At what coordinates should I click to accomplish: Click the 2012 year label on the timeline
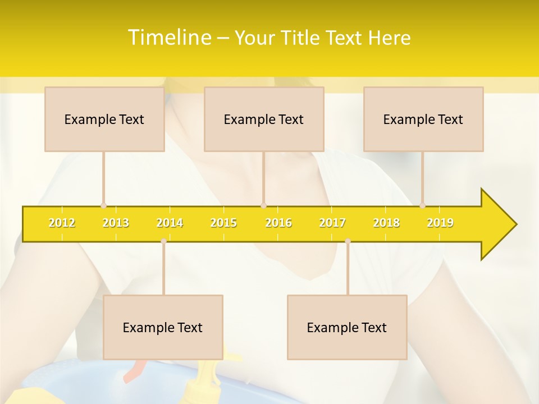click(62, 223)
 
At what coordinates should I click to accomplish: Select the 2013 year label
click(116, 223)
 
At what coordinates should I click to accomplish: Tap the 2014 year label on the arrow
click(170, 223)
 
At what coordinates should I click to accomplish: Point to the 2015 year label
click(223, 223)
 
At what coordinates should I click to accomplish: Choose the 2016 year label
click(278, 223)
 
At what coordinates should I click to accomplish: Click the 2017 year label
click(332, 223)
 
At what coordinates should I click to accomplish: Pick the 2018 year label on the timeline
click(386, 223)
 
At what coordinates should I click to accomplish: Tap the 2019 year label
click(440, 223)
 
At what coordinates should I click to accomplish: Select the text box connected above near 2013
click(104, 119)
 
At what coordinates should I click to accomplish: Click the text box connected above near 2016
click(264, 119)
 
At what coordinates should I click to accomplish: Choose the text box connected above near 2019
click(423, 119)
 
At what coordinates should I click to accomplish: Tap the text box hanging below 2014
click(163, 327)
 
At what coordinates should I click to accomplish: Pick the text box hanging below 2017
click(347, 327)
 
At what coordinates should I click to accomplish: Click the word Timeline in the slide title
click(168, 38)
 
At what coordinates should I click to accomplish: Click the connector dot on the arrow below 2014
click(163, 241)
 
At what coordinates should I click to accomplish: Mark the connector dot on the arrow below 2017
click(348, 241)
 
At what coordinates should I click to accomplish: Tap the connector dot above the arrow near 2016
click(263, 205)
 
